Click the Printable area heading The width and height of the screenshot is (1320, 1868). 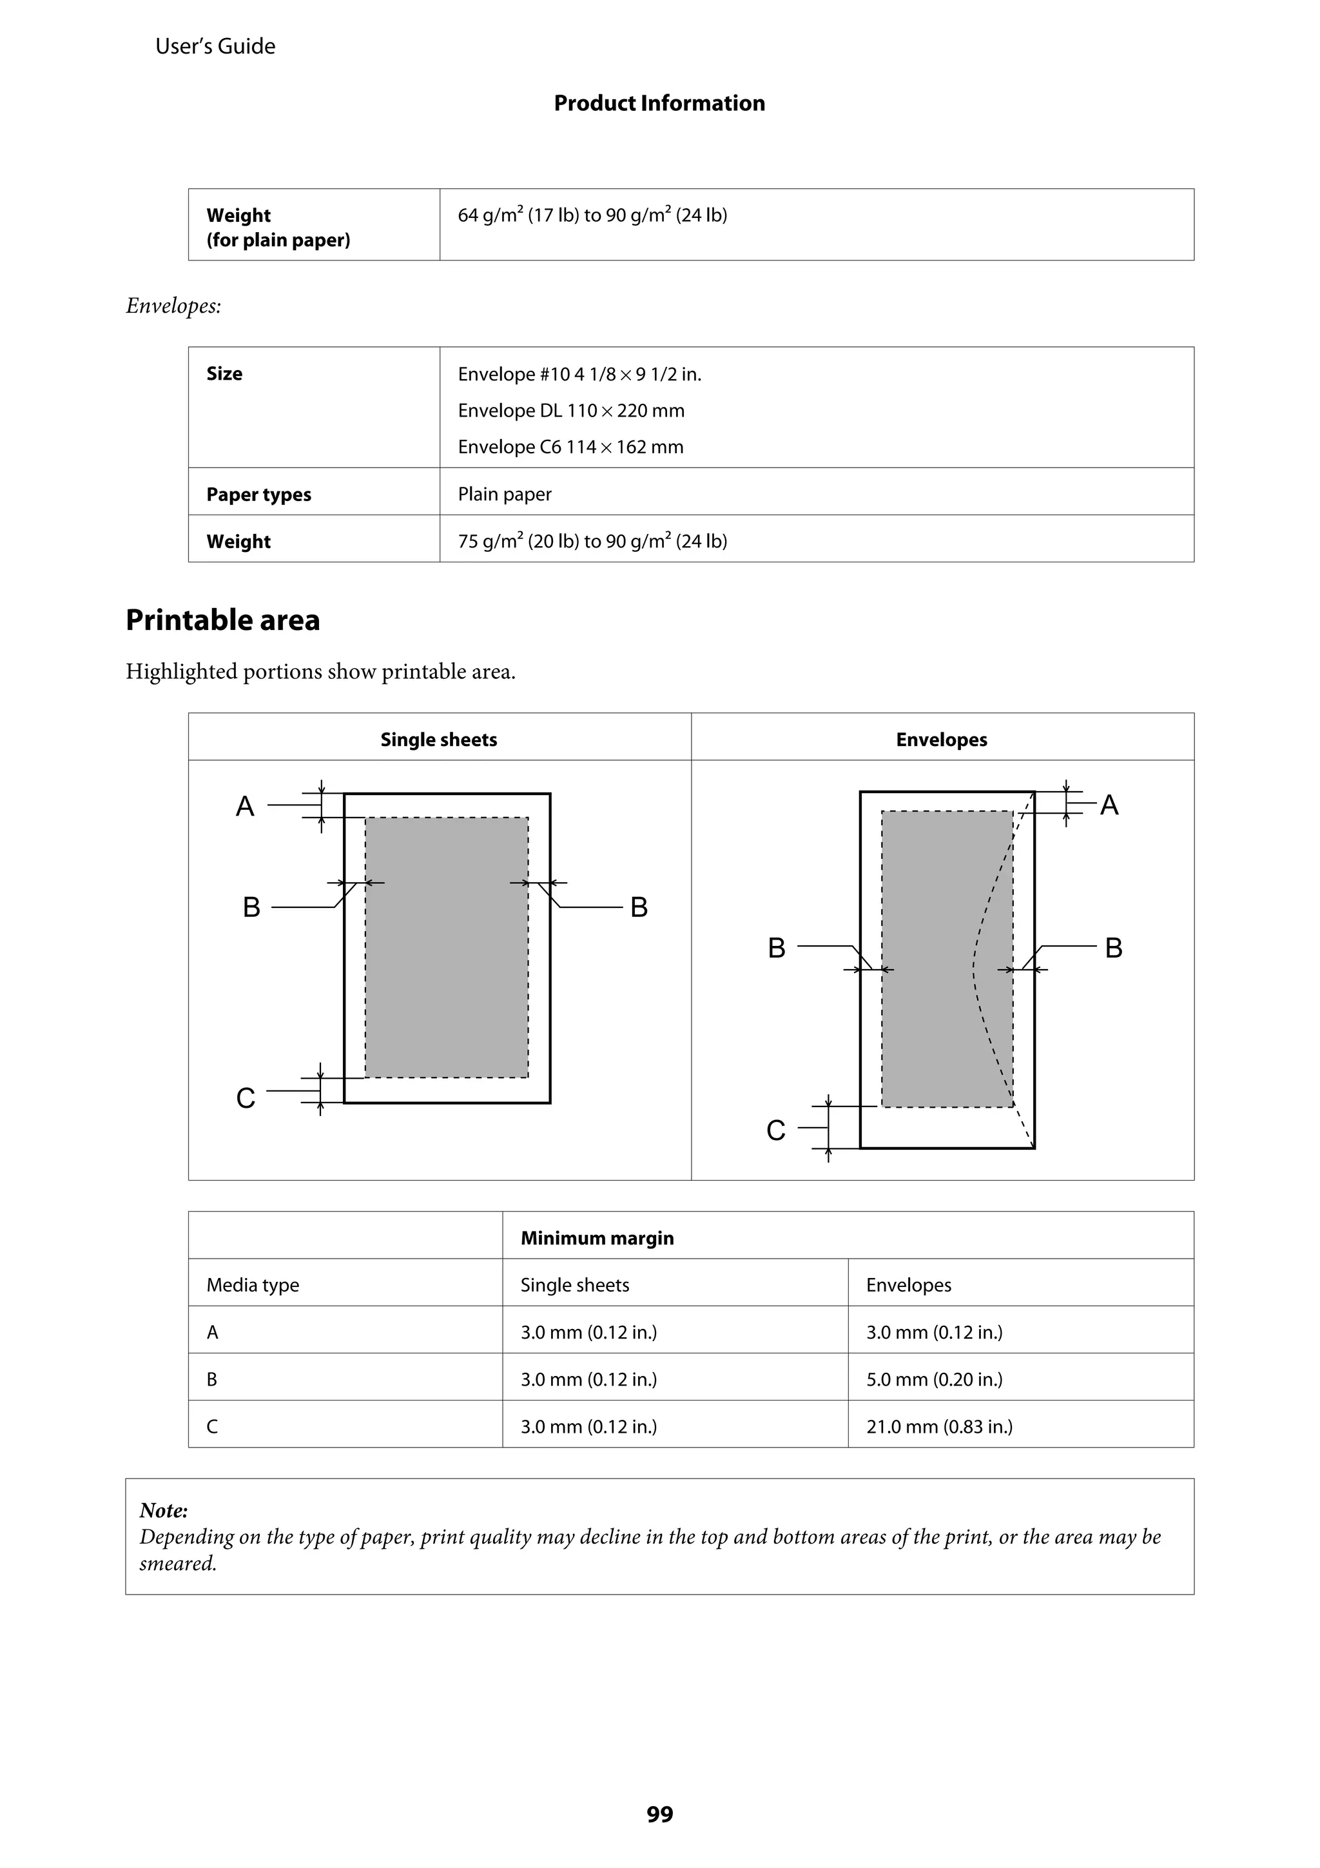223,620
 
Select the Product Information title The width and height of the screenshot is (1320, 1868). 659,103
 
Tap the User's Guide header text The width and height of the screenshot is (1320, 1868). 215,46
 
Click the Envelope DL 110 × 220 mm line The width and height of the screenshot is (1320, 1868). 571,410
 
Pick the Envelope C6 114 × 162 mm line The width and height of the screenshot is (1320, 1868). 570,447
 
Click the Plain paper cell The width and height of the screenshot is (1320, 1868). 504,494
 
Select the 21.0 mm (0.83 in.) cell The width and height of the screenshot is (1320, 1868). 938,1426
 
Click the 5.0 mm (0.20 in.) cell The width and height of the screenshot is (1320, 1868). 934,1379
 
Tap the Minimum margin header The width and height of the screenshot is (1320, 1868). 597,1237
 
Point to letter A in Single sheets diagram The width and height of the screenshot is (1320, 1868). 245,806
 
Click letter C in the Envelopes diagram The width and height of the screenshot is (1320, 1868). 776,1130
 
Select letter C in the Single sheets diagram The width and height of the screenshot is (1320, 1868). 246,1098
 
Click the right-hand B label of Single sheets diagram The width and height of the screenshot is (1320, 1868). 639,907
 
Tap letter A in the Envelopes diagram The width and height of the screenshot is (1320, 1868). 1109,805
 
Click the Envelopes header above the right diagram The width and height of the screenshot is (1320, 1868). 941,740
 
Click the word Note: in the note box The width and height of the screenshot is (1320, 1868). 164,1510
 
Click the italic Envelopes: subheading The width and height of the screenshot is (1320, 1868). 173,306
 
